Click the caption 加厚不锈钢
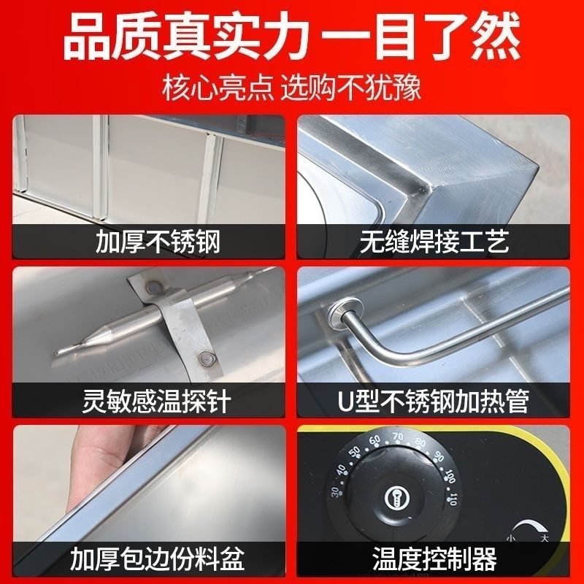[x=158, y=240]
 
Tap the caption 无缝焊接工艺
[x=435, y=240]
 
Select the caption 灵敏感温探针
[x=158, y=400]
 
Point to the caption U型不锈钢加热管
[x=435, y=400]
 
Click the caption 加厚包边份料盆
[x=158, y=560]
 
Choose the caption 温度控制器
[x=435, y=560]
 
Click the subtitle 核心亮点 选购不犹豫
[x=292, y=91]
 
